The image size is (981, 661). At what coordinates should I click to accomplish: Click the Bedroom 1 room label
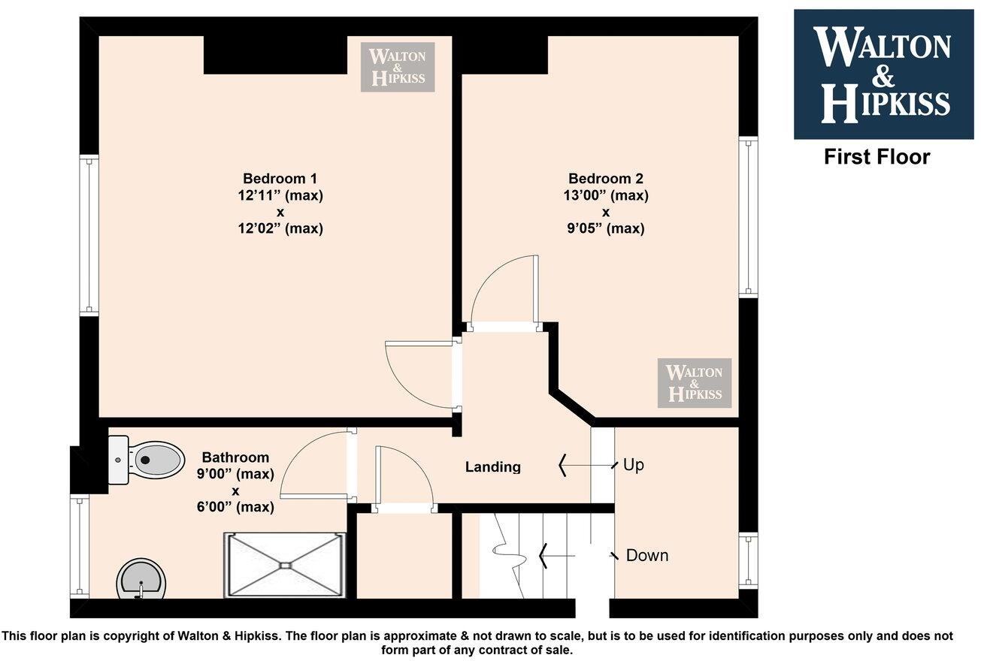tap(280, 179)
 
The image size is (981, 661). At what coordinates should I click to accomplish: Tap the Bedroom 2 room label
tap(605, 179)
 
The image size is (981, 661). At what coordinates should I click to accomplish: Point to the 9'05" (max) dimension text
tap(605, 229)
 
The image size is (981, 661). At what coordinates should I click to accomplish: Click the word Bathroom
tap(235, 457)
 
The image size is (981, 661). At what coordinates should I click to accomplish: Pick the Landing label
tap(492, 466)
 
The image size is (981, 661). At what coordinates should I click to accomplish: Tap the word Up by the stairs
tap(633, 465)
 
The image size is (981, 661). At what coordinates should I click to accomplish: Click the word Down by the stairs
tap(646, 556)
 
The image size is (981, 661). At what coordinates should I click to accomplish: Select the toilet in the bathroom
tap(150, 459)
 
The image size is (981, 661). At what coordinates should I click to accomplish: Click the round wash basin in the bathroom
tap(141, 578)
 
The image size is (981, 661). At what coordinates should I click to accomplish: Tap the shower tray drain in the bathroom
tap(285, 565)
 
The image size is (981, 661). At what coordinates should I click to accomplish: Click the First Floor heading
tap(877, 157)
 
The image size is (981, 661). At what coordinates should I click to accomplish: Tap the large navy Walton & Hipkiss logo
tap(883, 74)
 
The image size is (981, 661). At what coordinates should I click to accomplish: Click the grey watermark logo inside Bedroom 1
tap(398, 67)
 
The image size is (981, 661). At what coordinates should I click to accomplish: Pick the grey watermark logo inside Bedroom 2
tap(694, 383)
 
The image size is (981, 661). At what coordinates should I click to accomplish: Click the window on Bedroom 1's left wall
tap(89, 234)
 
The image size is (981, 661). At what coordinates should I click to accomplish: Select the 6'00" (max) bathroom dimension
tap(235, 507)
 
